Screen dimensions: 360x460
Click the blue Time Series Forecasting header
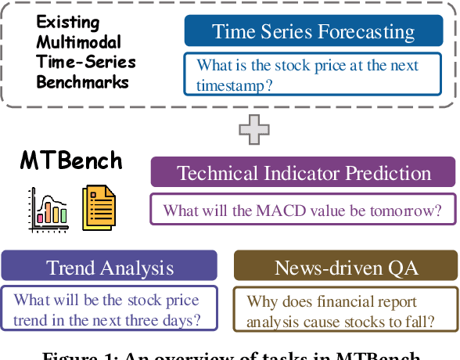[313, 32]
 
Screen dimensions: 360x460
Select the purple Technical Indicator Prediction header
[304, 173]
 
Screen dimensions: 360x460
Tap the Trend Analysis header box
[110, 268]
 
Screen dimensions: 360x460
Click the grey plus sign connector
[254, 128]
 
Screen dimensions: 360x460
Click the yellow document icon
[98, 208]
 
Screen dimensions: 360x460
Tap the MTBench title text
[71, 161]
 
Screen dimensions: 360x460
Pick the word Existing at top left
[68, 22]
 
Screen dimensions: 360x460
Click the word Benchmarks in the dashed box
[82, 81]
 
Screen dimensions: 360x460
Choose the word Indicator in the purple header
[303, 173]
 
